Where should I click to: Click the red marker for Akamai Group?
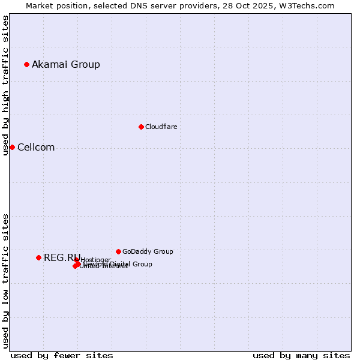(26, 64)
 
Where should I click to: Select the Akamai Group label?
(66, 64)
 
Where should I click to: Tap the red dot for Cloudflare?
(141, 127)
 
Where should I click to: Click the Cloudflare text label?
(161, 127)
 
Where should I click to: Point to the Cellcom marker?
(12, 147)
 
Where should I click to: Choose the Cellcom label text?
(36, 147)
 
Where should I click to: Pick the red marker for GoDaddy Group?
(118, 251)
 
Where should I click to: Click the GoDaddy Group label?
(148, 251)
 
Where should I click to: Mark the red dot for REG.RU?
(38, 257)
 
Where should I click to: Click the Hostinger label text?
(96, 260)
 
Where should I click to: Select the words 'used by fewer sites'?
(62, 355)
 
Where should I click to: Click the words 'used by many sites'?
(301, 355)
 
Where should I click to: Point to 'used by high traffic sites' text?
(5, 85)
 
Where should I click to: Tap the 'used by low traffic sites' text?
(5, 281)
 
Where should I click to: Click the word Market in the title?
(39, 5)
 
